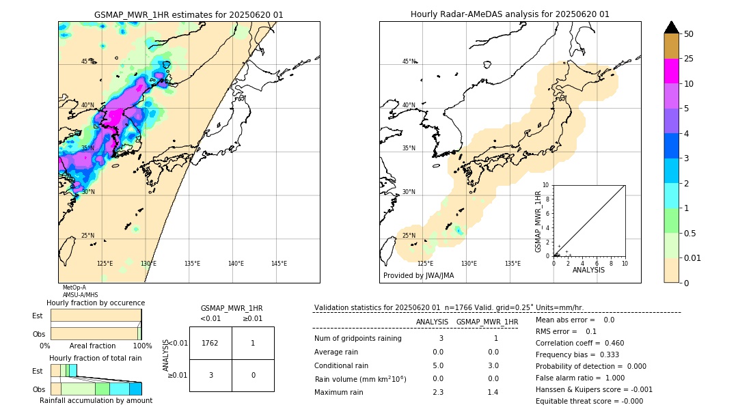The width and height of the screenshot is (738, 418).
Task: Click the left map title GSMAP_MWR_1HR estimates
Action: pyautogui.click(x=189, y=14)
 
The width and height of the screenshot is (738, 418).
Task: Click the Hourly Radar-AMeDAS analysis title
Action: pyautogui.click(x=510, y=14)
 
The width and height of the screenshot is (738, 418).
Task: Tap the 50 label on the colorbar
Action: pyautogui.click(x=689, y=34)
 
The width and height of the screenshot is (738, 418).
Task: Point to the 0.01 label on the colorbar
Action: pyautogui.click(x=693, y=258)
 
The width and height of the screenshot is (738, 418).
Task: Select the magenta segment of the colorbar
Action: pyautogui.click(x=671, y=71)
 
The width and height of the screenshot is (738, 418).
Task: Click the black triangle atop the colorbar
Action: pyautogui.click(x=671, y=27)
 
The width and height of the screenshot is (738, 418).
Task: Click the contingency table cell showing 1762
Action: pyautogui.click(x=210, y=343)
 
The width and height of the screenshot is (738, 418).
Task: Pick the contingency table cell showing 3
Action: pyautogui.click(x=210, y=375)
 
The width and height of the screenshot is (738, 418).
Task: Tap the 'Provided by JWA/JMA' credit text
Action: pyautogui.click(x=418, y=276)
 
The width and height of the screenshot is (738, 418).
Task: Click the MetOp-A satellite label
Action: pyautogui.click(x=74, y=288)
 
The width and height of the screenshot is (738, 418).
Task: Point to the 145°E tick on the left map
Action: pyautogui.click(x=279, y=264)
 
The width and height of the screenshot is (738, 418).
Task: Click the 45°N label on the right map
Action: pyautogui.click(x=409, y=61)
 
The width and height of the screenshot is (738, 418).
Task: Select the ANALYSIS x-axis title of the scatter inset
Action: pyautogui.click(x=588, y=270)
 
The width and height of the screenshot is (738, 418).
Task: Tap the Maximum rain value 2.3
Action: pyautogui.click(x=438, y=392)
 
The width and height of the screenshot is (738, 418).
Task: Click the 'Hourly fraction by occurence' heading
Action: pyautogui.click(x=96, y=303)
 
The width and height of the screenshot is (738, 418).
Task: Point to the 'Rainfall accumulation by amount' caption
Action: pyautogui.click(x=96, y=400)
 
